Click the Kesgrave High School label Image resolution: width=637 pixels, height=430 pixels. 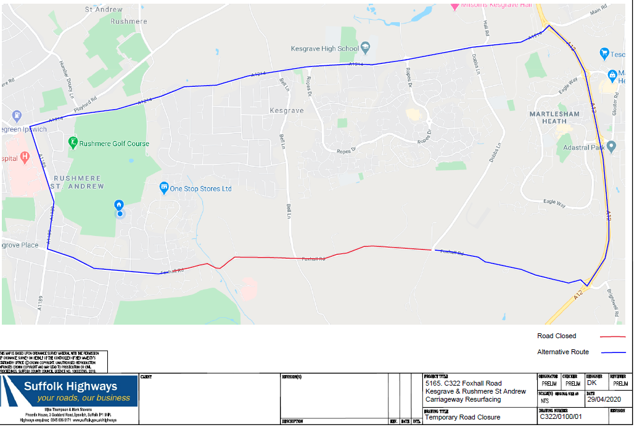tap(324, 49)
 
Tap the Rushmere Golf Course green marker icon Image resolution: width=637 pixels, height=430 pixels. tap(73, 143)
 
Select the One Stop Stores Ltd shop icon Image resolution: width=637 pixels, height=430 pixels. tap(164, 187)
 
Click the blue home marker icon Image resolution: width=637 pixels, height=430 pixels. tap(119, 205)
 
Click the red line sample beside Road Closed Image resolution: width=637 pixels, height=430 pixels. tap(612, 337)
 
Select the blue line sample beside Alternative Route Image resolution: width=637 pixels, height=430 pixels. tap(612, 353)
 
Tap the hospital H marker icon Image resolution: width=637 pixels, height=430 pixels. tap(25, 156)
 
